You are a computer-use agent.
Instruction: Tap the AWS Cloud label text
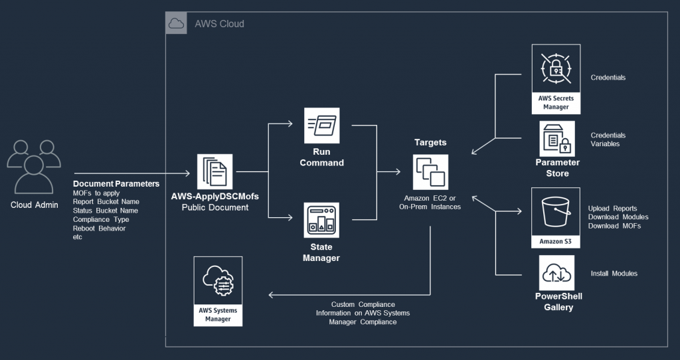pyautogui.click(x=219, y=24)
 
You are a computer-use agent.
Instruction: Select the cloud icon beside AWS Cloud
pyautogui.click(x=176, y=24)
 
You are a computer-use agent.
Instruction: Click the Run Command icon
pyautogui.click(x=321, y=124)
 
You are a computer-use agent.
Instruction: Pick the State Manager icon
pyautogui.click(x=321, y=221)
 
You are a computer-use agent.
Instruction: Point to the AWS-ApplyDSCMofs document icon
pyautogui.click(x=214, y=171)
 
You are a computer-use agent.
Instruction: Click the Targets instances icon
pyautogui.click(x=430, y=171)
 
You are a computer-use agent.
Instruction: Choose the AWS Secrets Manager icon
pyautogui.click(x=556, y=70)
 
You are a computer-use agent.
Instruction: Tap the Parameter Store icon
pyautogui.click(x=556, y=138)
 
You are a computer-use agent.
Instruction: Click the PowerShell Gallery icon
pyautogui.click(x=557, y=273)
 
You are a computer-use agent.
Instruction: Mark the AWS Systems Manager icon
pyautogui.click(x=218, y=284)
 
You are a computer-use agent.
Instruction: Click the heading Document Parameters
pyautogui.click(x=116, y=183)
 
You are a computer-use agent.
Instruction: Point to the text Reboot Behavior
pyautogui.click(x=99, y=228)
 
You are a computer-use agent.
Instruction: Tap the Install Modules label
pyautogui.click(x=614, y=274)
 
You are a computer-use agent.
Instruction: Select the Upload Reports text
pyautogui.click(x=612, y=209)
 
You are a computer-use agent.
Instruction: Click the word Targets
pyautogui.click(x=430, y=143)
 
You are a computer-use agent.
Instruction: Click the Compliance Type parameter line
pyautogui.click(x=101, y=219)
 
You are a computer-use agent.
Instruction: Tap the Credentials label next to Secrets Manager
pyautogui.click(x=608, y=78)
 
